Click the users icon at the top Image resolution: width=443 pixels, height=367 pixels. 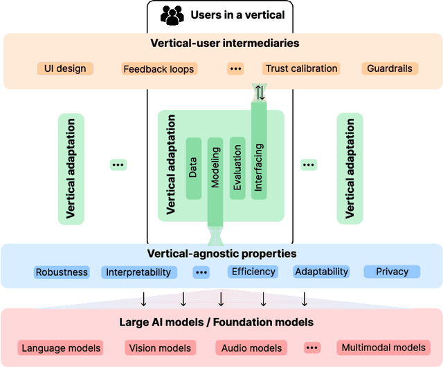(171, 15)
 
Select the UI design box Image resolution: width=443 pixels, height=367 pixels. (65, 68)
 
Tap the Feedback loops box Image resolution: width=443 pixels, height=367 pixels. (159, 68)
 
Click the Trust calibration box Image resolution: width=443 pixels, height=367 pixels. (301, 68)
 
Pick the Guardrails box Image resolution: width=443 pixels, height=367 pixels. (390, 68)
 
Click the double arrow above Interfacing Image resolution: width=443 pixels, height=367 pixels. (260, 92)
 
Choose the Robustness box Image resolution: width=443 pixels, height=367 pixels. (62, 272)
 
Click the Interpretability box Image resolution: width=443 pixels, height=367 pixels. (138, 272)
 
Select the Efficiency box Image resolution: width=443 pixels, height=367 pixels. (253, 272)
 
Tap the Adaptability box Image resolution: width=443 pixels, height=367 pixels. (321, 272)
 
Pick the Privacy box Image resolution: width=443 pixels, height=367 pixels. (392, 272)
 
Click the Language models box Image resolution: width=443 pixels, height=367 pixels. (60, 348)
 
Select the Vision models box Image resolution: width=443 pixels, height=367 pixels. (159, 348)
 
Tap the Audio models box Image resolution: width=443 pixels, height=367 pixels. (251, 348)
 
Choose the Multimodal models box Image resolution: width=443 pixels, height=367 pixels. (383, 348)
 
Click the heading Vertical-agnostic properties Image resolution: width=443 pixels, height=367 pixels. (221, 254)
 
